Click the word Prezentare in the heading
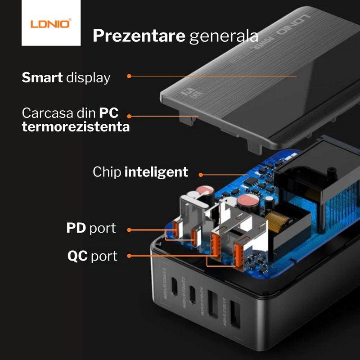coord(139,36)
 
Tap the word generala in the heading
coord(224,36)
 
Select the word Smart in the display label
coord(42,77)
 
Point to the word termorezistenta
coord(76,127)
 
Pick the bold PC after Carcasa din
coord(108,112)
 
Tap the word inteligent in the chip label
coord(156,171)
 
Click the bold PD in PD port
coord(76,228)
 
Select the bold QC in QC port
coord(77,256)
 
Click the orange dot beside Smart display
coord(129,76)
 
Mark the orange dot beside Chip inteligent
coord(200,174)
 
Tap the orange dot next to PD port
coord(129,230)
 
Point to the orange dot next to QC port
coord(129,256)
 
